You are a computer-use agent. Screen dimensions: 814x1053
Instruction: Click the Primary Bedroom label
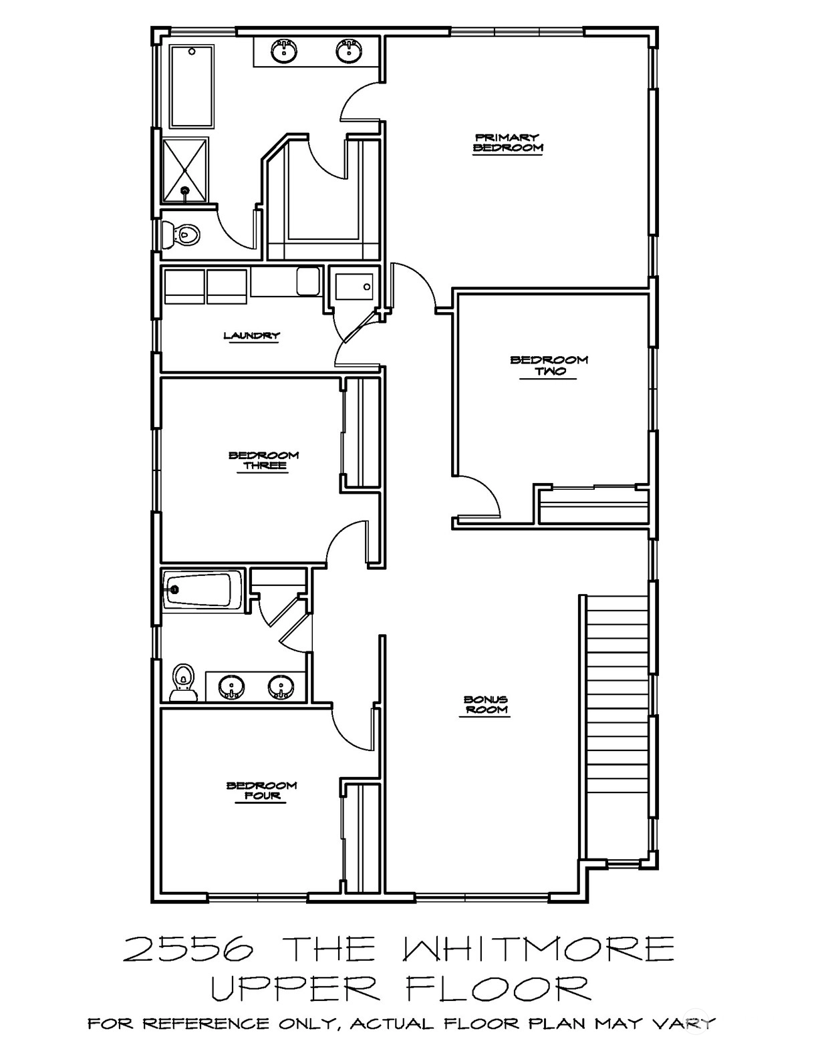508,143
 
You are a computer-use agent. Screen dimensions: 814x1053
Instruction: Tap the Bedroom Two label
549,365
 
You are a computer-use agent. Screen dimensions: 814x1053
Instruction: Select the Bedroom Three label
263,461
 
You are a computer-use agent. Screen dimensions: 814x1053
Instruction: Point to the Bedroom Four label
261,791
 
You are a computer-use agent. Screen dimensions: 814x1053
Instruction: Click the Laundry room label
251,335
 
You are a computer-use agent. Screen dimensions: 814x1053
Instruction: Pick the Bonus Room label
485,705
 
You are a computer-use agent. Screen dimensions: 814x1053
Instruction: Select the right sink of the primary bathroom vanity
349,50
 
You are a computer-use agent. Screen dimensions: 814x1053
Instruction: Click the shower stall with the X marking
186,170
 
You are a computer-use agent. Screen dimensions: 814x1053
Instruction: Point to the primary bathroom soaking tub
192,86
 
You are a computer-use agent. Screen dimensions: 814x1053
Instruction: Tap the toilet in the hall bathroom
182,682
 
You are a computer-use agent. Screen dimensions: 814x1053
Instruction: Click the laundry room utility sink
307,281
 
